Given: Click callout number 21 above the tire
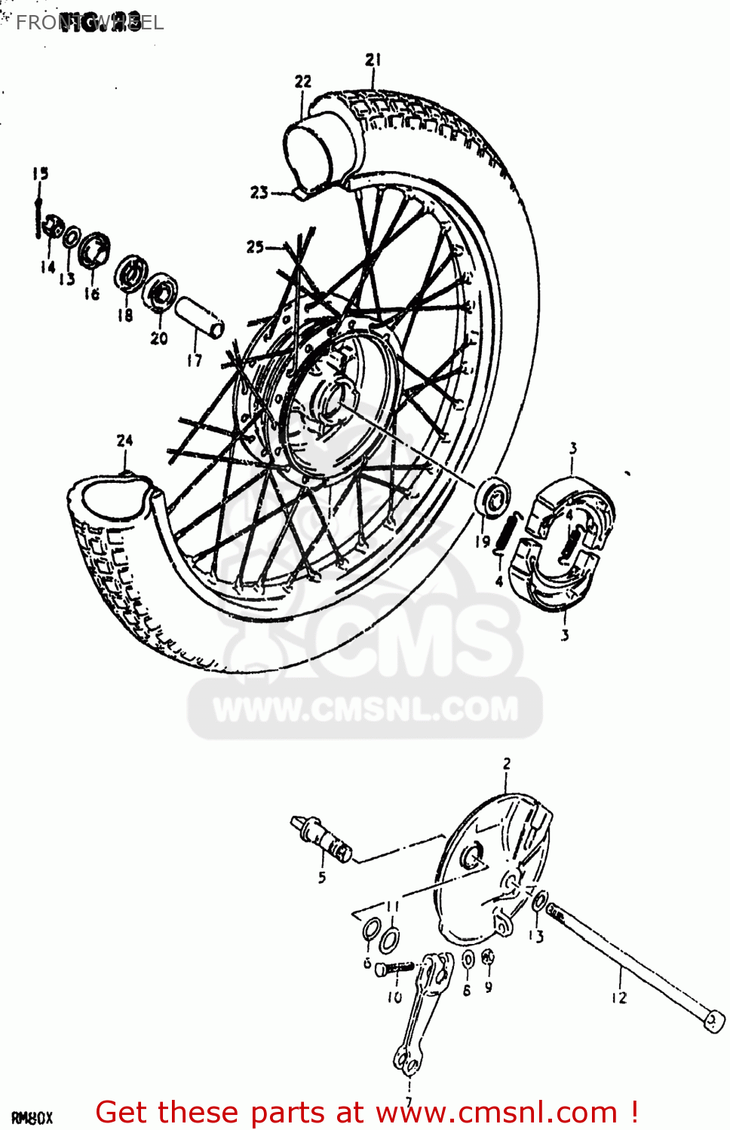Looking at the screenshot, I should [x=373, y=60].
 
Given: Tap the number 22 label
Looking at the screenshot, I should [x=302, y=81].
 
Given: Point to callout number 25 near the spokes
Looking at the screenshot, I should [x=255, y=246].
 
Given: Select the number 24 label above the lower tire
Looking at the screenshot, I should [x=124, y=441].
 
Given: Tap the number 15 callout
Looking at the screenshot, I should [x=40, y=173].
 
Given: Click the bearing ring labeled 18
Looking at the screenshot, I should [x=132, y=273].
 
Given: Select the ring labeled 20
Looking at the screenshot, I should [x=161, y=292].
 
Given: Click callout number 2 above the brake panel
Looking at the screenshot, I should [x=507, y=764].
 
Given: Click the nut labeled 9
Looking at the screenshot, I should [x=488, y=958].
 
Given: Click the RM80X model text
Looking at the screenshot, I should [x=32, y=1118].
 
